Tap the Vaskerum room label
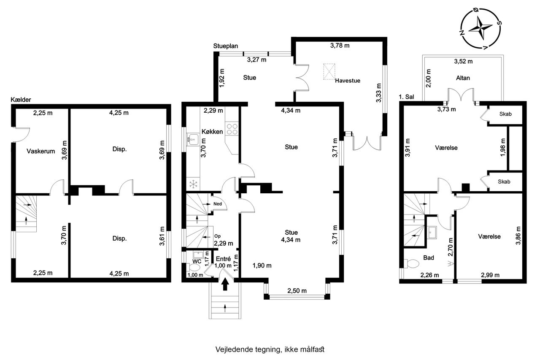coord(41,151)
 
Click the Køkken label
coord(212,132)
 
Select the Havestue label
coord(348,81)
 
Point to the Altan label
coord(463,78)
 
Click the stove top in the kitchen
coord(232,129)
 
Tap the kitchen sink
coord(193,140)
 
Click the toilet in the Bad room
coord(412,264)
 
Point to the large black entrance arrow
coord(225,284)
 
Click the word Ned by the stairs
coord(217,204)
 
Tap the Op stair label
coord(217,236)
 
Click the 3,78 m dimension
coord(340,45)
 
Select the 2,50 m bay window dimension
coord(297,290)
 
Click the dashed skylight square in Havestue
coord(329,71)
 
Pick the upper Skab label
coord(505,114)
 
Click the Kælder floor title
coord(21,100)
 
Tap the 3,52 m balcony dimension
coord(463,61)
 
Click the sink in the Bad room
coord(432,233)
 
